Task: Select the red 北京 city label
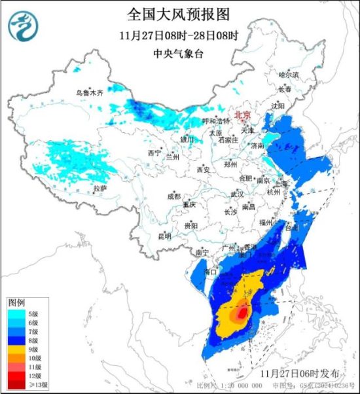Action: (243, 113)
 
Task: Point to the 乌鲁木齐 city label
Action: (88, 94)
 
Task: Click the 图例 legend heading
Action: (16, 304)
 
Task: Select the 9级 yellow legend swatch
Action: (16, 350)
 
